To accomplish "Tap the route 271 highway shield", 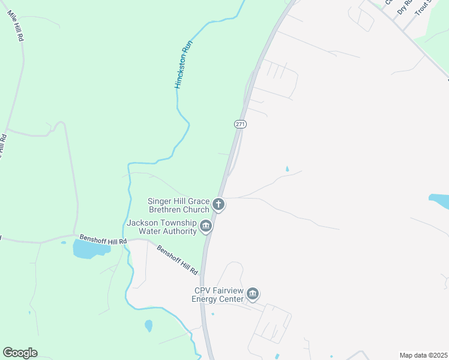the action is pos(240,124).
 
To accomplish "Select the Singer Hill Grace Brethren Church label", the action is pos(178,205).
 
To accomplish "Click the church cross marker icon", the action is pos(218,205).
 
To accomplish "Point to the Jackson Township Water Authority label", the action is pos(161,227).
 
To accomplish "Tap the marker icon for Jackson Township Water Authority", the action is pos(206,226).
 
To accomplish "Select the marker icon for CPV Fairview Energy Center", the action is pos(253,294).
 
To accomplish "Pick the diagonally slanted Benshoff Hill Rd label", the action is pos(177,260).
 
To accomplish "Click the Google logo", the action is pos(20,353).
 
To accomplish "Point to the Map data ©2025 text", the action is pos(423,355).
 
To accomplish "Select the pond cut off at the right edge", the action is pos(439,201).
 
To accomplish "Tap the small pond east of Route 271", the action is pos(287,169).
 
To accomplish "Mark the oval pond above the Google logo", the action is pos(148,326).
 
